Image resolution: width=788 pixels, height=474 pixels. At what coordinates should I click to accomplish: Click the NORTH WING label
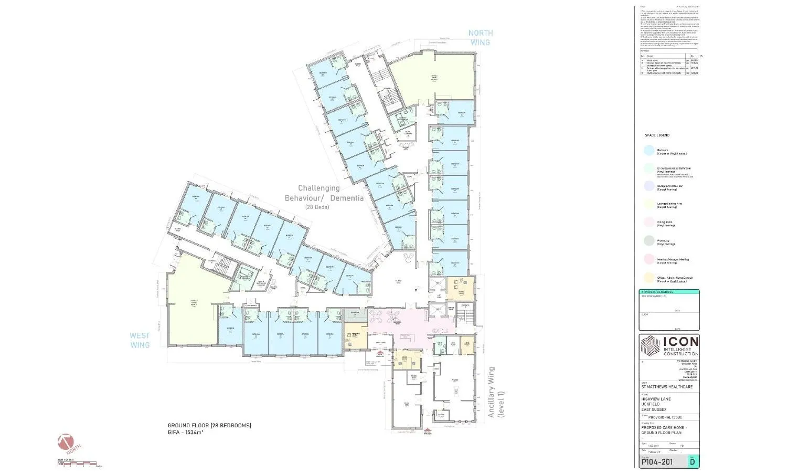(x=481, y=37)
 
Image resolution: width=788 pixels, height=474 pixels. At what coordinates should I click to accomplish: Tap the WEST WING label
(x=140, y=340)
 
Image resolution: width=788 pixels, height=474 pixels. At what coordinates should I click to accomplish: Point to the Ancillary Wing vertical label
(x=495, y=392)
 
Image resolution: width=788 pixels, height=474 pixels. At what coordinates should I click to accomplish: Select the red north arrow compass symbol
(x=68, y=443)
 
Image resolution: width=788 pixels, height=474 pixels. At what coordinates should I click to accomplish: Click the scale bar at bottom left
(x=77, y=463)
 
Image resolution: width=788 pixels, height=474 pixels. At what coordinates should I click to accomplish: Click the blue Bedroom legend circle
(x=649, y=151)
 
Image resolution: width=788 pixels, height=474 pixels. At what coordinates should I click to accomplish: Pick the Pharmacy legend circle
(x=649, y=241)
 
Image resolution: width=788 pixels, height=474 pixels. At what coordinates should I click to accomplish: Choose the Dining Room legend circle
(x=649, y=224)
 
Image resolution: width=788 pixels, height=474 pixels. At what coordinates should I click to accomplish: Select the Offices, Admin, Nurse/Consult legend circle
(x=649, y=278)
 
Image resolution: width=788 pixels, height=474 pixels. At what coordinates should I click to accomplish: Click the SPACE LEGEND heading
(x=658, y=135)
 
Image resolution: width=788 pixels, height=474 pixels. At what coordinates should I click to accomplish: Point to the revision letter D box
(x=693, y=462)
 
